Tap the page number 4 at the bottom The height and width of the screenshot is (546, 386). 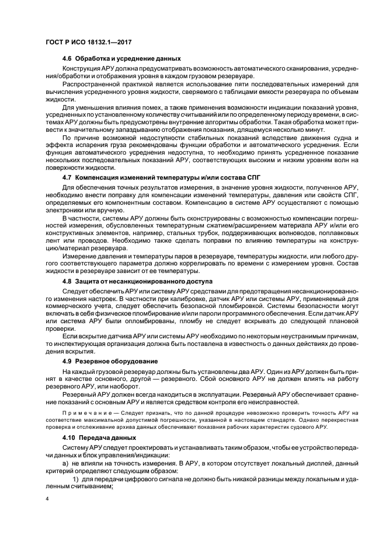(x=47, y=499)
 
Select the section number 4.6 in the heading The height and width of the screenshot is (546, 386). (x=67, y=59)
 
